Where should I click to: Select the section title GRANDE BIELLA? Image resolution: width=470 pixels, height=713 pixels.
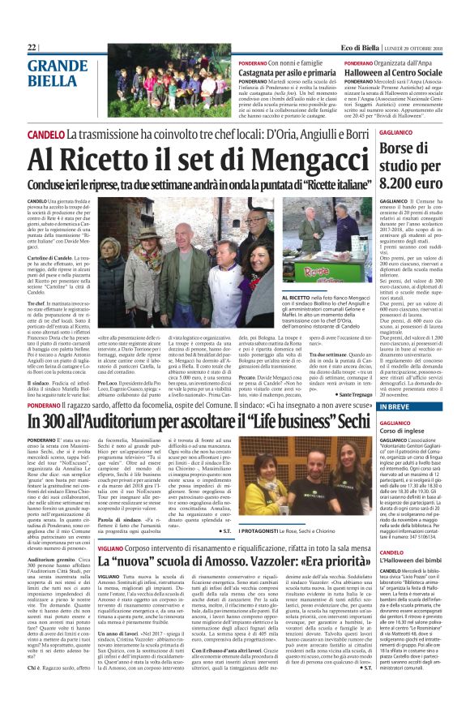point(53,74)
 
